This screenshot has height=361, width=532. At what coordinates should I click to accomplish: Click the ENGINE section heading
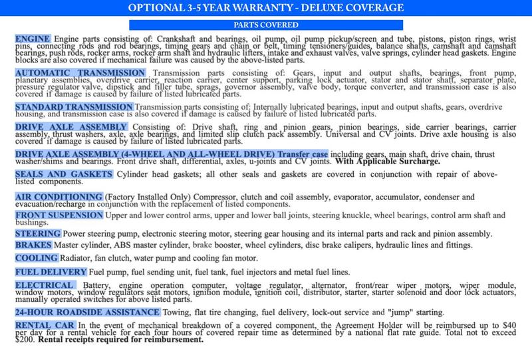tap(33, 39)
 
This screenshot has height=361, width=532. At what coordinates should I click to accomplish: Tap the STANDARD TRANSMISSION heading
tap(74, 106)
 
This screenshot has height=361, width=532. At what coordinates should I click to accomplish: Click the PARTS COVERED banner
tap(265, 25)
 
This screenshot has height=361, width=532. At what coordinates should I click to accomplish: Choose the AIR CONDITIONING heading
tap(58, 197)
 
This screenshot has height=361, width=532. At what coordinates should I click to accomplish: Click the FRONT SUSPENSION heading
tap(58, 216)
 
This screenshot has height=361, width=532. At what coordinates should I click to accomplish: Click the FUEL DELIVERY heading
tap(51, 273)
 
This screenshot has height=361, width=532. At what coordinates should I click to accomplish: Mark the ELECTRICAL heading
tap(43, 285)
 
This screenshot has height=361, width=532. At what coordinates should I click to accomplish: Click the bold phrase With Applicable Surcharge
tap(388, 160)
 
